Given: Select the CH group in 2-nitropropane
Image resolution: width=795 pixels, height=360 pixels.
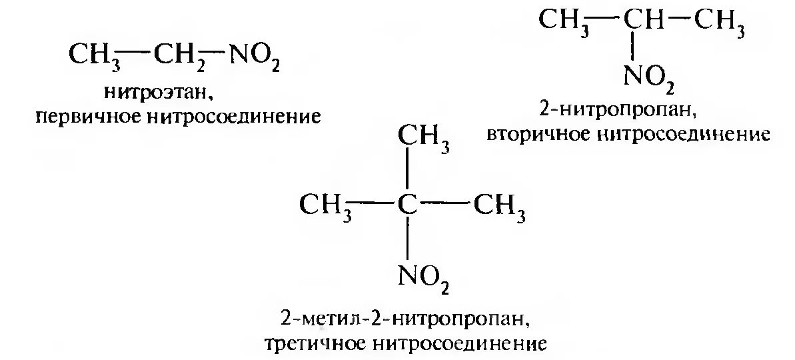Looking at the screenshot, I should point(641,21).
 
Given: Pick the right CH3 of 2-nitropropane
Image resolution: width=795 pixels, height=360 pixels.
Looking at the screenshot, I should point(719,22).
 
